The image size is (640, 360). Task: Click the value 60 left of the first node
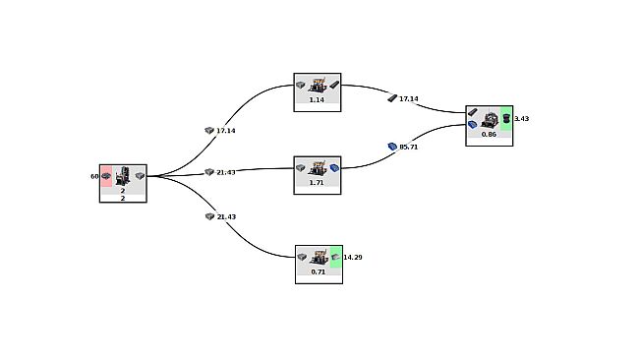point(94,177)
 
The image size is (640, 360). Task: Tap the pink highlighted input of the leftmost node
point(105,176)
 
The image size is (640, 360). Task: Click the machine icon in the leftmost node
point(123,176)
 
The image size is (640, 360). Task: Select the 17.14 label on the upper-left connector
point(225,130)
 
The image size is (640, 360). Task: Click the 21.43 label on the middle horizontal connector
point(225,172)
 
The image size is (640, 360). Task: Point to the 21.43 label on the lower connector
point(225,216)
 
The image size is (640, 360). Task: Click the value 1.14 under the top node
point(317,99)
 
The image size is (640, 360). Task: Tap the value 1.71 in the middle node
point(317,183)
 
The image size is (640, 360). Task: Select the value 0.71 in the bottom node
point(318,271)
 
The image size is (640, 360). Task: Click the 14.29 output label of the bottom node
point(352,257)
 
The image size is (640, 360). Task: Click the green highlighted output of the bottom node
point(335,257)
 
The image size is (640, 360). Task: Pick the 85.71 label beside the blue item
point(408,147)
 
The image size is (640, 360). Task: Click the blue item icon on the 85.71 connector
point(392,147)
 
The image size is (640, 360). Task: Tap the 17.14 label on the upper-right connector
point(408,98)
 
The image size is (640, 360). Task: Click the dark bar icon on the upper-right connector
point(392,98)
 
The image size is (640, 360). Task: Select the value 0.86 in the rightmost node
point(489,134)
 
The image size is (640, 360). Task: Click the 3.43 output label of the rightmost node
point(521,118)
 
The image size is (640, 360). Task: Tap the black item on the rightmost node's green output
point(506,118)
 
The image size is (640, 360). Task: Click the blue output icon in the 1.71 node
point(334,168)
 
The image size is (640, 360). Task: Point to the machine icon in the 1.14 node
point(318,86)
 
